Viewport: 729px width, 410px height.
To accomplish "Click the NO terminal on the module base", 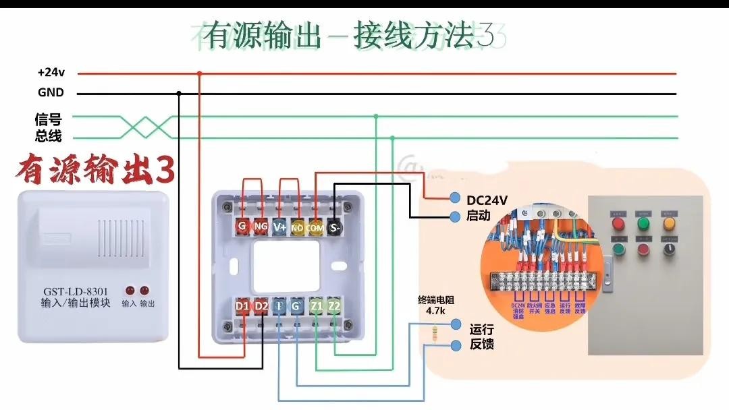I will pyautogui.click(x=298, y=227).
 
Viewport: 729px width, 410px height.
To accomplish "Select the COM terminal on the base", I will pyautogui.click(x=315, y=227).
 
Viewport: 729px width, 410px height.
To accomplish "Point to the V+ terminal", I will pyautogui.click(x=279, y=227).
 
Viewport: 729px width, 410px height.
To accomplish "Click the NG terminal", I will pyautogui.click(x=261, y=227).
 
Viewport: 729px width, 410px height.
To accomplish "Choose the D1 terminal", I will pyautogui.click(x=242, y=306).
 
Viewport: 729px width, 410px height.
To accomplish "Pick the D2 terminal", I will pyautogui.click(x=261, y=306).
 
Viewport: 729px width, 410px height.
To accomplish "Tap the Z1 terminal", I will pyautogui.click(x=317, y=306).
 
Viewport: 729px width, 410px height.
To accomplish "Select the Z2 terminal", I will pyautogui.click(x=335, y=306).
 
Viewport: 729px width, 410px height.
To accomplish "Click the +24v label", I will pyautogui.click(x=50, y=72).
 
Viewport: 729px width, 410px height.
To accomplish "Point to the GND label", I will pyautogui.click(x=51, y=93).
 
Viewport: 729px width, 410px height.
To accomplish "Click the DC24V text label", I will pyautogui.click(x=487, y=200).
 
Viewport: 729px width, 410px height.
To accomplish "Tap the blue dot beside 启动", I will pyautogui.click(x=455, y=216).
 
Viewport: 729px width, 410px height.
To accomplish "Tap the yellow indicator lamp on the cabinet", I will pyautogui.click(x=670, y=223).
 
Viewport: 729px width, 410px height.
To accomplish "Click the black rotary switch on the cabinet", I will pyautogui.click(x=670, y=250).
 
